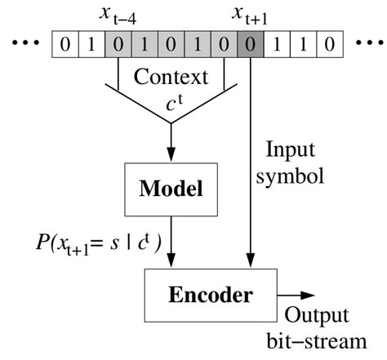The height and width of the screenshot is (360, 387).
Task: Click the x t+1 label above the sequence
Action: coord(249,15)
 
